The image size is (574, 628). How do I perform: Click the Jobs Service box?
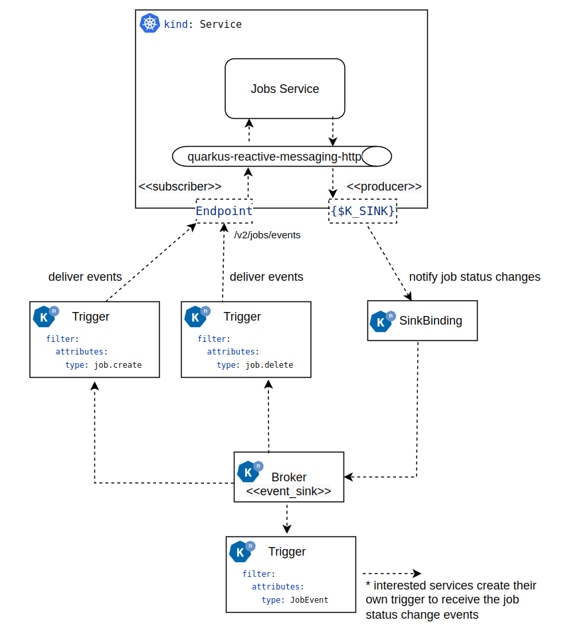[284, 89]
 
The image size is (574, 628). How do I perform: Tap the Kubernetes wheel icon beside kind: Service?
[149, 24]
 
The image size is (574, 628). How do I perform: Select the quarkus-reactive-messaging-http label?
[274, 157]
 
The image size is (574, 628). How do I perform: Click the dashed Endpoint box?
[224, 211]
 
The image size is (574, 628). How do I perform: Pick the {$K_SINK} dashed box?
[363, 211]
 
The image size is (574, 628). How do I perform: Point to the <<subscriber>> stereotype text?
[180, 186]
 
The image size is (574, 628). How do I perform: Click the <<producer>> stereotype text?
[384, 186]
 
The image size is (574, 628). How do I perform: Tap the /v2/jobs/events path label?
[267, 235]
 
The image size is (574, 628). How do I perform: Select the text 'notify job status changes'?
[474, 277]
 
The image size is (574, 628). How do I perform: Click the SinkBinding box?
[422, 321]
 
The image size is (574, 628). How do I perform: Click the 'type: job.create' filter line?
[103, 365]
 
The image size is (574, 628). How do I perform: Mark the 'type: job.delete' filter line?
[254, 365]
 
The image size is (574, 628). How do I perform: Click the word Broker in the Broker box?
[289, 477]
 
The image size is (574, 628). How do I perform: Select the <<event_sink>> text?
[288, 492]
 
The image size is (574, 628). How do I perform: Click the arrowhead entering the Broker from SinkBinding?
[348, 477]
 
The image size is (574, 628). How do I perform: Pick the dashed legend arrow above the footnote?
[392, 574]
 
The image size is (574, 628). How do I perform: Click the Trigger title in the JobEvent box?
[287, 552]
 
